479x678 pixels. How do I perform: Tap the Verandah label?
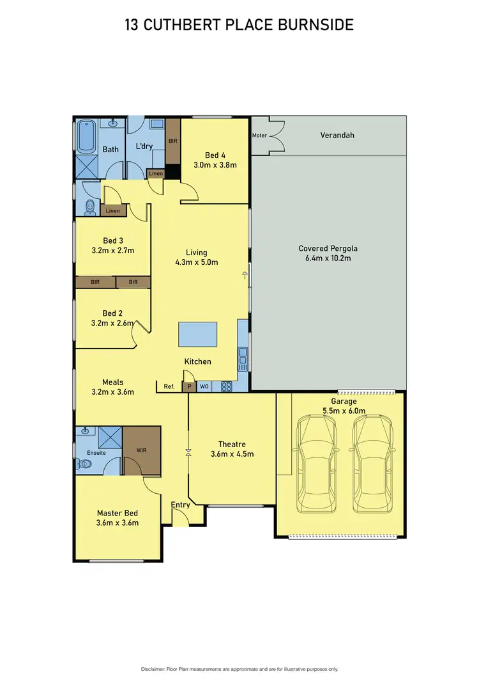[x=337, y=135]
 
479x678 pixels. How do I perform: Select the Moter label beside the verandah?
[x=259, y=136]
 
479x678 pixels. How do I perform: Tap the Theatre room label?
[x=232, y=445]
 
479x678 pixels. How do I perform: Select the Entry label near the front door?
[x=181, y=505]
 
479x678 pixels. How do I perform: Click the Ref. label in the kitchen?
[x=169, y=386]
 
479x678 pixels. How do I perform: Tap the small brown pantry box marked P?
[x=189, y=386]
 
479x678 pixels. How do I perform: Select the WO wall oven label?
[x=204, y=386]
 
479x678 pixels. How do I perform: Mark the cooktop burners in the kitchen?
[x=225, y=386]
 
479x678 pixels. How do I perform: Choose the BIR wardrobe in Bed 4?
[x=172, y=141]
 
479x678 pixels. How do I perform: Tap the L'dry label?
[x=144, y=146]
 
